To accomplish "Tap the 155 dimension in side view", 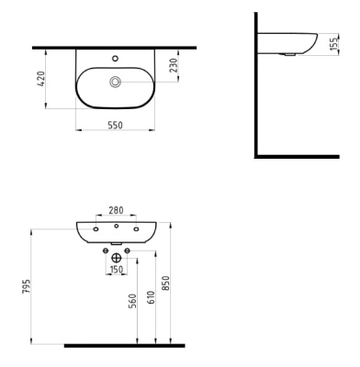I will [x=333, y=44].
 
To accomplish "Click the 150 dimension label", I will [x=117, y=270].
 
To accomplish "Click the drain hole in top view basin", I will [x=116, y=83].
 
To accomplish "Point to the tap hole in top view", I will [x=116, y=58].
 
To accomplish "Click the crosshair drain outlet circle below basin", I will [x=117, y=258].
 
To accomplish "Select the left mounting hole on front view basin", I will [x=96, y=228].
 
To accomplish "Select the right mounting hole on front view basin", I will [x=136, y=228].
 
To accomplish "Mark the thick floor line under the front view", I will [x=124, y=346].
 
